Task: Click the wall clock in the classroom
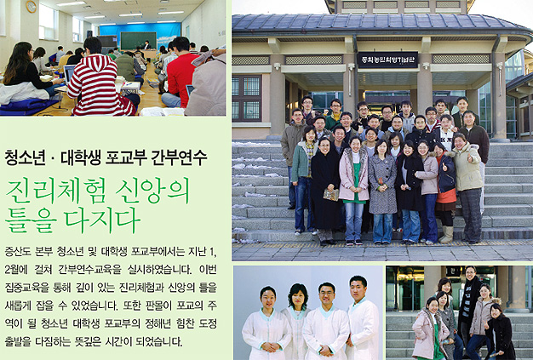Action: (31, 7)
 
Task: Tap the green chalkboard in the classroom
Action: (138, 41)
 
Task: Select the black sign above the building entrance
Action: (387, 60)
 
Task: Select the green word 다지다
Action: (103, 220)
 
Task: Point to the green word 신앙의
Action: (152, 191)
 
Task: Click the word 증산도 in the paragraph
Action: (18, 252)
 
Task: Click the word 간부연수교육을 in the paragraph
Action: (89, 270)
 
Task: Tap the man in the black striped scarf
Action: (469, 306)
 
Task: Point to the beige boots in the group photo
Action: (446, 234)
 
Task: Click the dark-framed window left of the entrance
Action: (246, 98)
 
